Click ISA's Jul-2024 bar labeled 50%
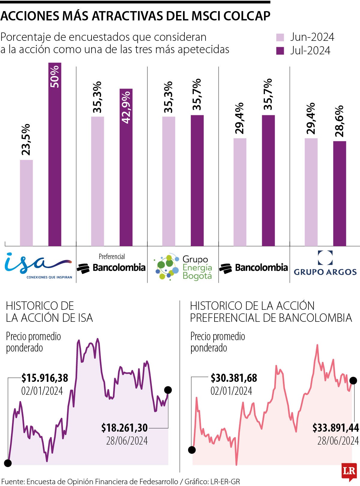[55, 155]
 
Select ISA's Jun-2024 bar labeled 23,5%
[26, 203]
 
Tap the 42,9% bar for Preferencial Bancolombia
[126, 168]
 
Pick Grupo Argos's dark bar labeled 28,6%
[340, 194]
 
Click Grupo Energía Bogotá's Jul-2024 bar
[197, 181]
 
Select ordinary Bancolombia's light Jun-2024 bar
[240, 192]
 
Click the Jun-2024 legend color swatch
[280, 38]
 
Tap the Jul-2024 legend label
[310, 50]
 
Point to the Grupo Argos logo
[325, 263]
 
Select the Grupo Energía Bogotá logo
[183, 267]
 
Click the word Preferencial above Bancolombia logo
[112, 256]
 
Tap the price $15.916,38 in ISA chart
[45, 378]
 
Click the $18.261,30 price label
[124, 427]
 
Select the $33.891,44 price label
[335, 427]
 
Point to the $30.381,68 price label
[234, 378]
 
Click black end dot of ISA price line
[168, 390]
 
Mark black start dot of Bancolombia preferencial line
[192, 450]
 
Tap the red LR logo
[349, 471]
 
